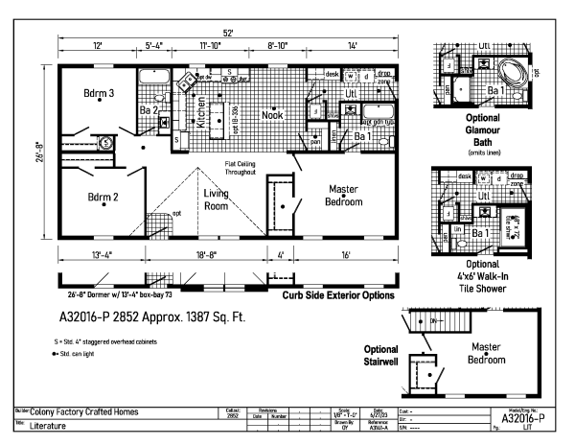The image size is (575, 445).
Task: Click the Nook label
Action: tap(272, 115)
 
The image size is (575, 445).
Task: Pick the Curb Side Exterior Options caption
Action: tap(340, 295)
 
